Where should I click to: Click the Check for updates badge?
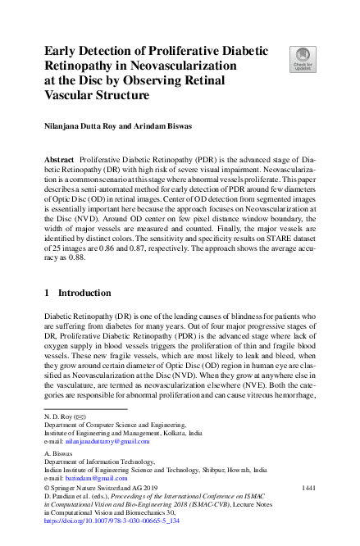click(x=302, y=58)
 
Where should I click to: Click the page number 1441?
click(x=308, y=488)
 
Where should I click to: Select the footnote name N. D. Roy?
click(x=57, y=416)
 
